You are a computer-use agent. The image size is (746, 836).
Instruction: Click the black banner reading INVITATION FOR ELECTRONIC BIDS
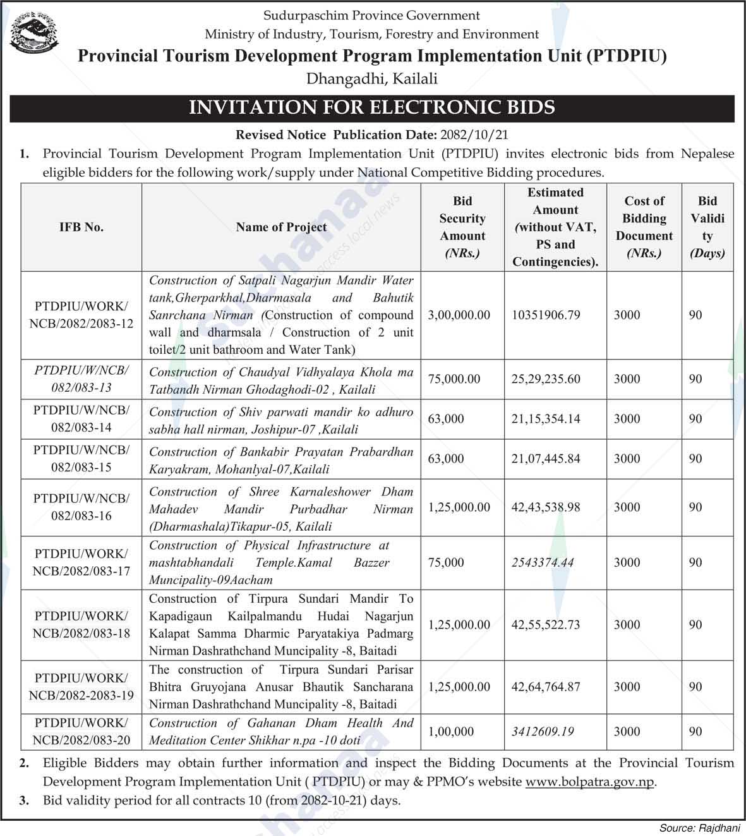point(372,107)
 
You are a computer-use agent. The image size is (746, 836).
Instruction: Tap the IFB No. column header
point(81,227)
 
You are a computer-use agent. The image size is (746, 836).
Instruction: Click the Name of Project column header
point(281,227)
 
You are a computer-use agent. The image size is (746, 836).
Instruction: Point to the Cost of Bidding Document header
point(644,227)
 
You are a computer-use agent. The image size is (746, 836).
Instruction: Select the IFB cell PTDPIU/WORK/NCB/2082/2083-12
point(81,315)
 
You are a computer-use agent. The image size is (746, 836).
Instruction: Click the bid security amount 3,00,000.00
point(459,315)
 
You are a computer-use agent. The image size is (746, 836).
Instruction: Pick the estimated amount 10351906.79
point(546,315)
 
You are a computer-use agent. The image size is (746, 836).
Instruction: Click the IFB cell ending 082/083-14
point(81,419)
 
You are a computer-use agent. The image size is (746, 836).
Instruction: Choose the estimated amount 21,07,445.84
point(546,459)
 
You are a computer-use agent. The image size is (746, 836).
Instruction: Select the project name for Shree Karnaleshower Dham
point(281,509)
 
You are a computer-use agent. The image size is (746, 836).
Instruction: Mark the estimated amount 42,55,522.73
point(546,624)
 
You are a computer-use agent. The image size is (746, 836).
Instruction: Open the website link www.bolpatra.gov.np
point(590,782)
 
